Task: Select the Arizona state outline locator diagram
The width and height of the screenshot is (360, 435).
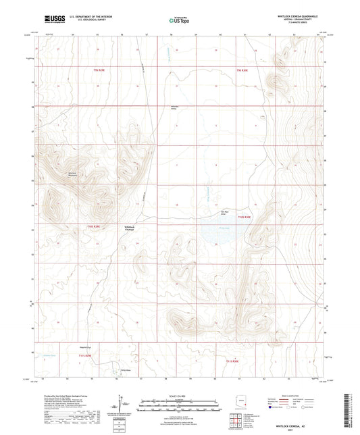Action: tap(242, 407)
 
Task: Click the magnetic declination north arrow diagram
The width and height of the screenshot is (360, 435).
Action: tap(124, 407)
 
